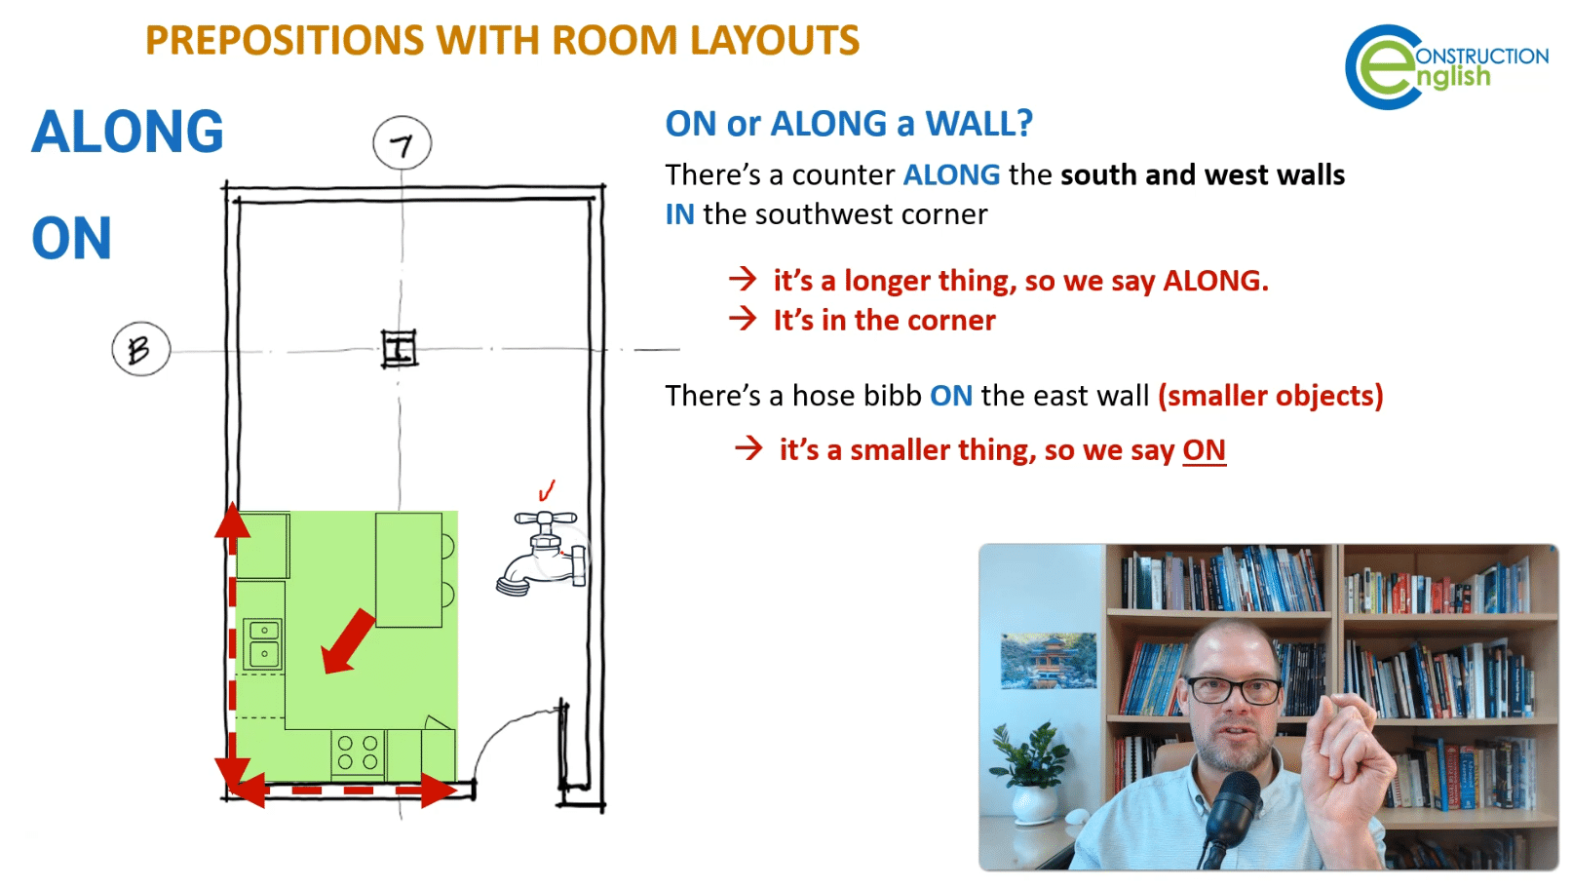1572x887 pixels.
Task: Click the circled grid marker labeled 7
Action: [x=403, y=143]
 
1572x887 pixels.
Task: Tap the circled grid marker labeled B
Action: [x=141, y=349]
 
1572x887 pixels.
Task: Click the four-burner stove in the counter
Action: [x=358, y=752]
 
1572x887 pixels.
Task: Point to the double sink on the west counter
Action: [x=263, y=643]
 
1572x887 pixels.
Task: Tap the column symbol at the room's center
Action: [x=400, y=349]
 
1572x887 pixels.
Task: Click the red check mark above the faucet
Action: [x=546, y=490]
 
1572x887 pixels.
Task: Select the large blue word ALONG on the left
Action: [x=128, y=132]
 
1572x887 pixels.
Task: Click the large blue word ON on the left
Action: [x=71, y=239]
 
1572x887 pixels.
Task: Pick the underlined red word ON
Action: [x=1205, y=450]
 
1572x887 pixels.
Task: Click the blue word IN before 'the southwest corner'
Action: [x=679, y=214]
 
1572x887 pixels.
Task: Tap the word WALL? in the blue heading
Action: [x=979, y=124]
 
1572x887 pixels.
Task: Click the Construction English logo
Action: [x=1446, y=67]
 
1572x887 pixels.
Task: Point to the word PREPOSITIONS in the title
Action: [x=285, y=40]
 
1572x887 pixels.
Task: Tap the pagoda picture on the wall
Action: [x=1048, y=660]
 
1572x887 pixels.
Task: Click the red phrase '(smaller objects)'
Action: [x=1271, y=396]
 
